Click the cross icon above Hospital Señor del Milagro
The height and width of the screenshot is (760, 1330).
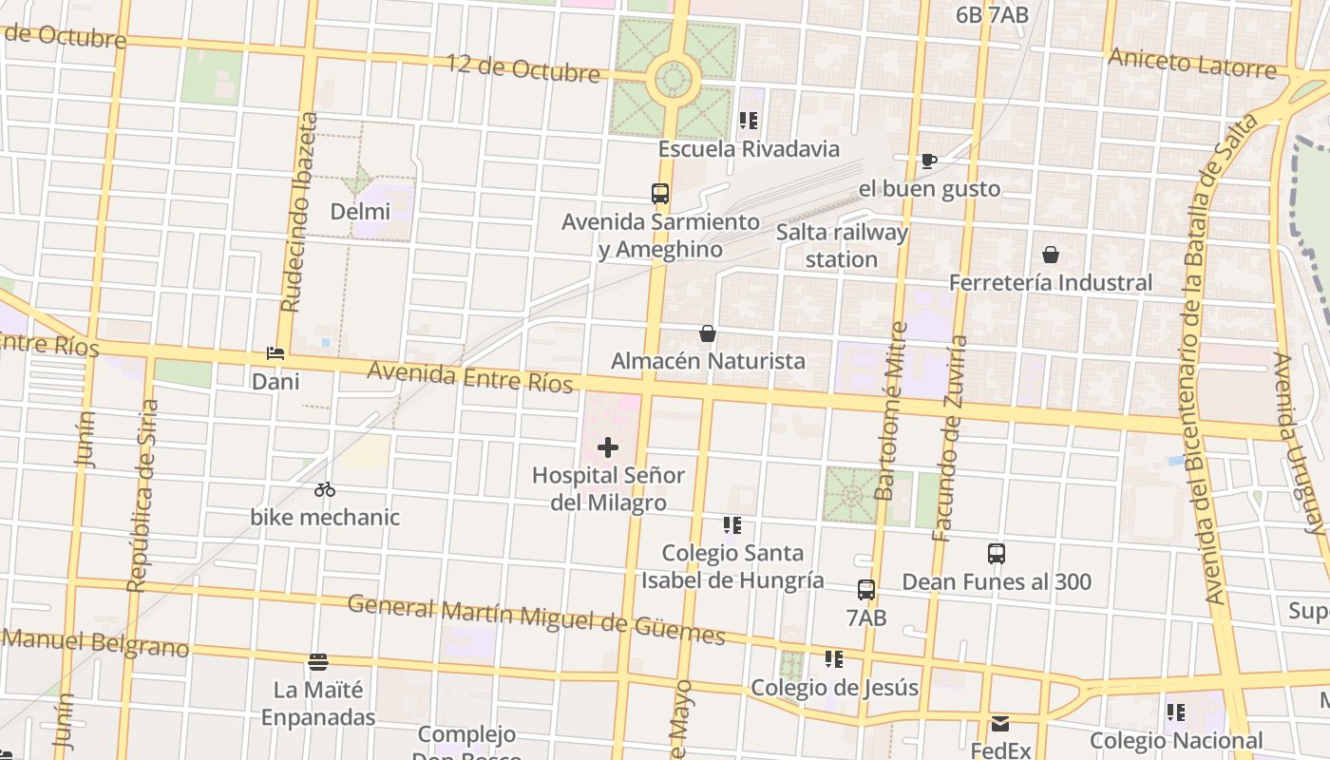pyautogui.click(x=608, y=446)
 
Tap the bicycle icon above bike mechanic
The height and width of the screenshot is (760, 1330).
pyautogui.click(x=325, y=489)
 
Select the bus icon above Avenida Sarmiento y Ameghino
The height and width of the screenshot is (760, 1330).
pyautogui.click(x=660, y=194)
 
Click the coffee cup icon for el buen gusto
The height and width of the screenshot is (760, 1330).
pyautogui.click(x=928, y=161)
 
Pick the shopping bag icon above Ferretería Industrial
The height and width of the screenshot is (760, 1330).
pyautogui.click(x=1051, y=255)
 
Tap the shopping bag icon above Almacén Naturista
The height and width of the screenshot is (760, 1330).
pyautogui.click(x=708, y=333)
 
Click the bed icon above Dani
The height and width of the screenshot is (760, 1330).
pyautogui.click(x=275, y=353)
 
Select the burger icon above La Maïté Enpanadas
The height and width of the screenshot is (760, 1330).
pyautogui.click(x=318, y=661)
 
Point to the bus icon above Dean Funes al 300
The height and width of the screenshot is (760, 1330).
pyautogui.click(x=997, y=554)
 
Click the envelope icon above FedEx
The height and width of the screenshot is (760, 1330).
pyautogui.click(x=1000, y=724)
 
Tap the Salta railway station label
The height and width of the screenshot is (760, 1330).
pyautogui.click(x=842, y=245)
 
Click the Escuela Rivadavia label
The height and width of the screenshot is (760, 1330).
pyautogui.click(x=749, y=149)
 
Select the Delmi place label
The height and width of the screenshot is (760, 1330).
pyautogui.click(x=360, y=211)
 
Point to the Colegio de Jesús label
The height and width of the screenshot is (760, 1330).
pyautogui.click(x=834, y=688)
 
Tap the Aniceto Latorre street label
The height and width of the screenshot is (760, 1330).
pyautogui.click(x=1191, y=64)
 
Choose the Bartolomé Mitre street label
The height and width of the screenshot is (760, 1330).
pyautogui.click(x=892, y=410)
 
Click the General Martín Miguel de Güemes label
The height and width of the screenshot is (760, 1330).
pyautogui.click(x=536, y=618)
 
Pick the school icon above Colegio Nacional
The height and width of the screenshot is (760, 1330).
pyautogui.click(x=1176, y=712)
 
